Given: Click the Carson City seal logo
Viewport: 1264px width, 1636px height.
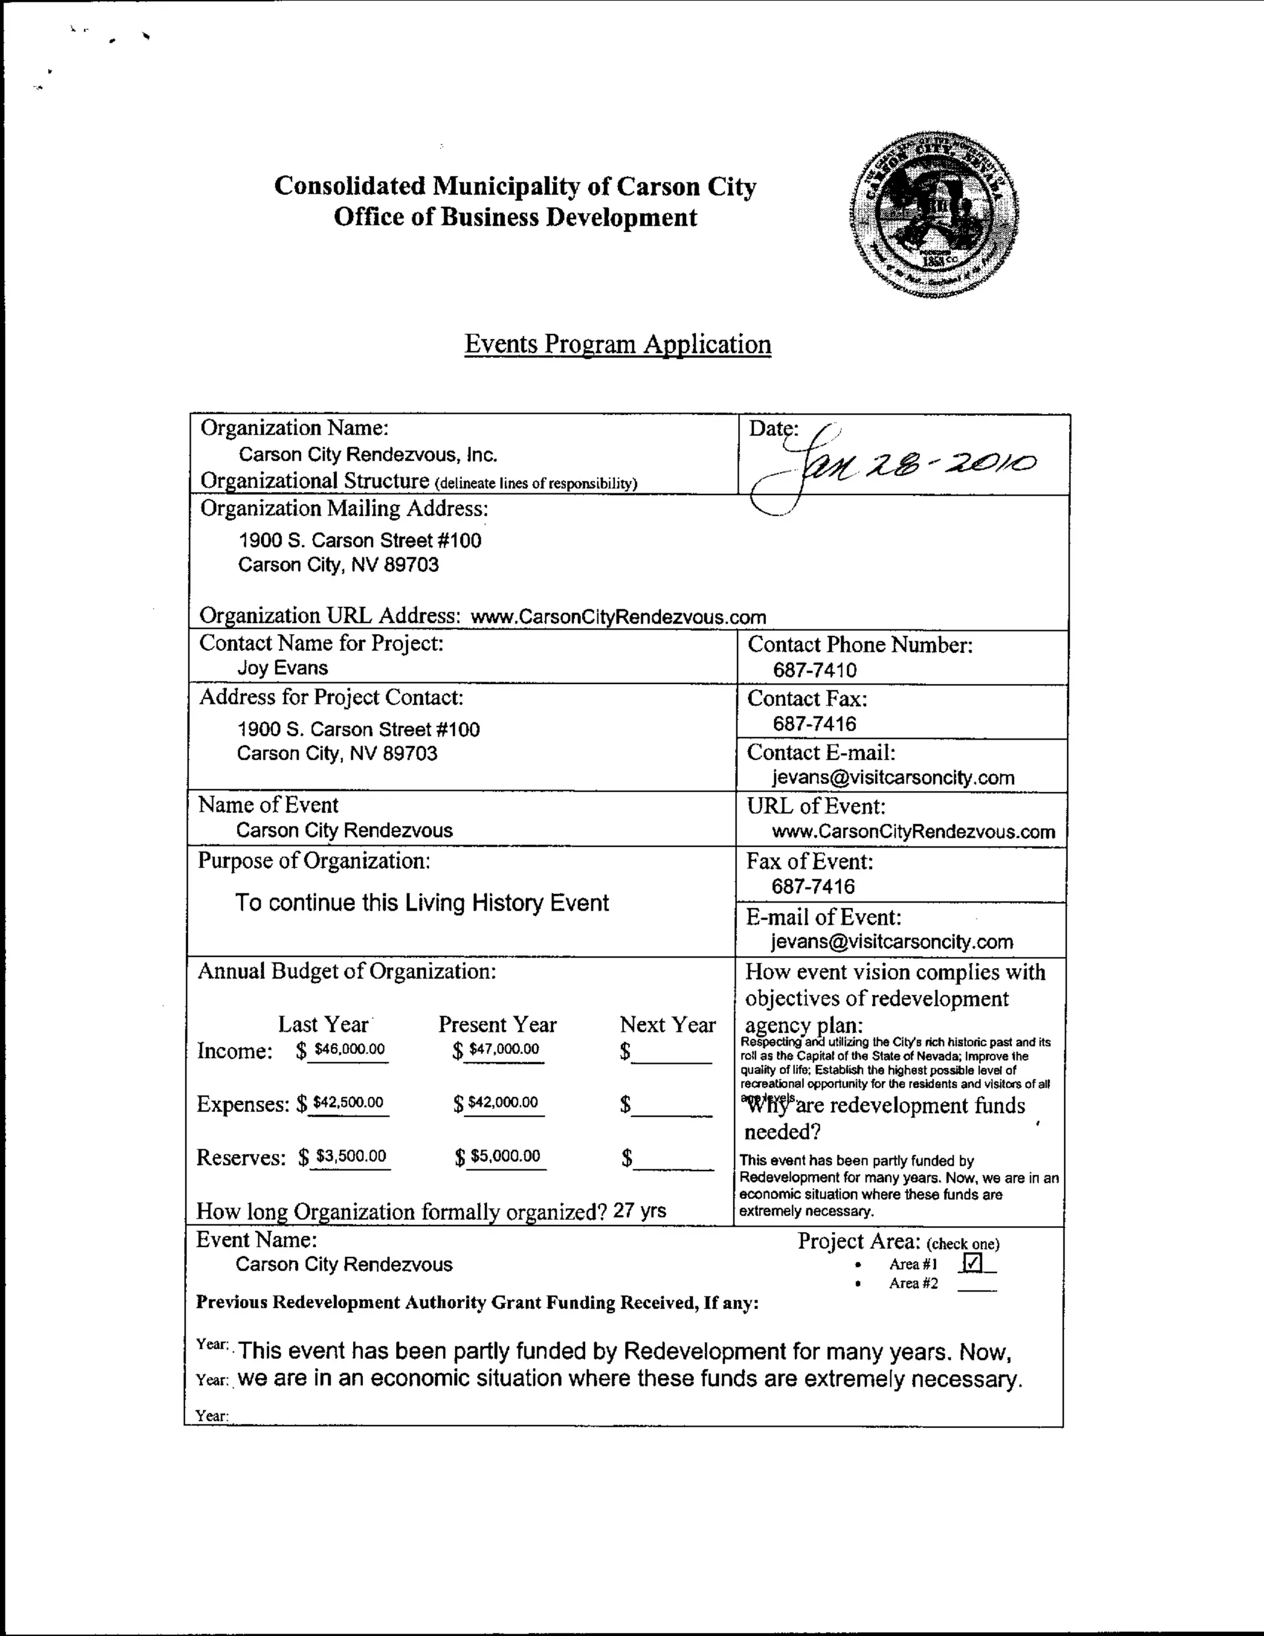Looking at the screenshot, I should pyautogui.click(x=934, y=215).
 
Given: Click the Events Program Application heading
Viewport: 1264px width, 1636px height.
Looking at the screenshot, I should pyautogui.click(x=618, y=344).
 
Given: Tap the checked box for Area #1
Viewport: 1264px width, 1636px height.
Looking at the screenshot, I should pyautogui.click(x=971, y=1263).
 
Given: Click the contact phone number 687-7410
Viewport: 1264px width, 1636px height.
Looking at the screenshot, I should pyautogui.click(x=815, y=670).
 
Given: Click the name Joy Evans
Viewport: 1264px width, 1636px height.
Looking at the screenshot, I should pyautogui.click(x=282, y=667).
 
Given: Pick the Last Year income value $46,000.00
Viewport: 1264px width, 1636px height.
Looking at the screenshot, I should pyautogui.click(x=350, y=1049).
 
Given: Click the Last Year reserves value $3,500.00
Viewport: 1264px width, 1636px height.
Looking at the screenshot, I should pyautogui.click(x=351, y=1156).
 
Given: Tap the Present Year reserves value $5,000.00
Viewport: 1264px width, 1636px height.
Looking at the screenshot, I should pyautogui.click(x=505, y=1156).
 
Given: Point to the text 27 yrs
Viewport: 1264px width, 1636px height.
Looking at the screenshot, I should pyautogui.click(x=639, y=1211).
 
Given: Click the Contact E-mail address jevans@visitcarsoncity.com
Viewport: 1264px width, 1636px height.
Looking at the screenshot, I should pyautogui.click(x=893, y=777).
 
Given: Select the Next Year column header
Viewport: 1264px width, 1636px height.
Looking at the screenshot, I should pyautogui.click(x=667, y=1024).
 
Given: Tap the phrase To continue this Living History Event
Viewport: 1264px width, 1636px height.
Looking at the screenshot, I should pyautogui.click(x=422, y=903).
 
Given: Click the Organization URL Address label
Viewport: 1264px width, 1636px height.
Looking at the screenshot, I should pyautogui.click(x=329, y=616).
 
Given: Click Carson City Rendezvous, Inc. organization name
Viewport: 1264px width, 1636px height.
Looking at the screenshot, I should pyautogui.click(x=368, y=455).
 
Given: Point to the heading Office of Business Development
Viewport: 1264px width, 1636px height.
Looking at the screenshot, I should pyautogui.click(x=515, y=217).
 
